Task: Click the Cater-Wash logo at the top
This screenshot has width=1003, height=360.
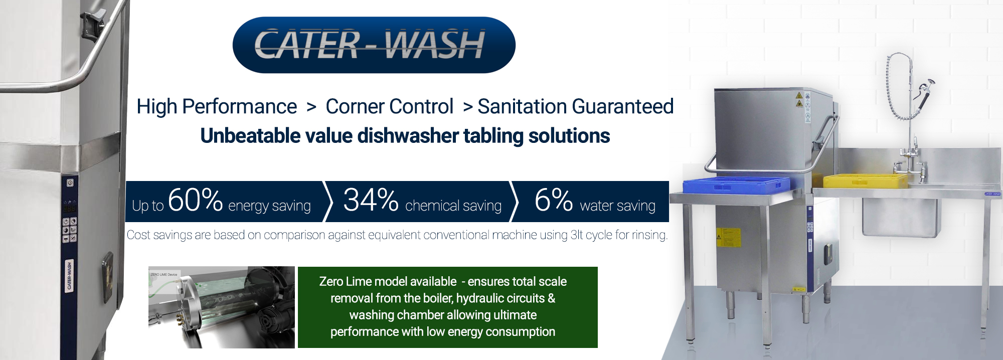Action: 374,45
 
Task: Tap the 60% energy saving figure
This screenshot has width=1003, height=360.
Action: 195,200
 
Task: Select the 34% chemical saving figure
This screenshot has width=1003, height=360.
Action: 371,200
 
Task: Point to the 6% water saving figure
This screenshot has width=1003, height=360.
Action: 554,200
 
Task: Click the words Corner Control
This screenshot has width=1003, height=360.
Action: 390,106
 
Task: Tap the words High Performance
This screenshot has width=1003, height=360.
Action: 217,107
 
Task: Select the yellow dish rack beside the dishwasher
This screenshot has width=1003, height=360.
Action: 866,181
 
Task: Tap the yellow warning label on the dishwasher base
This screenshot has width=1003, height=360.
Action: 728,237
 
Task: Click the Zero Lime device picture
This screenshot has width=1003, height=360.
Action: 222,307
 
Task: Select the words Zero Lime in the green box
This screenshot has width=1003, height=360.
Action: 344,282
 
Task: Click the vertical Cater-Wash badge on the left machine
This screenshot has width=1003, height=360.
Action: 69,275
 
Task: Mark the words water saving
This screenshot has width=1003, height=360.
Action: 618,206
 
